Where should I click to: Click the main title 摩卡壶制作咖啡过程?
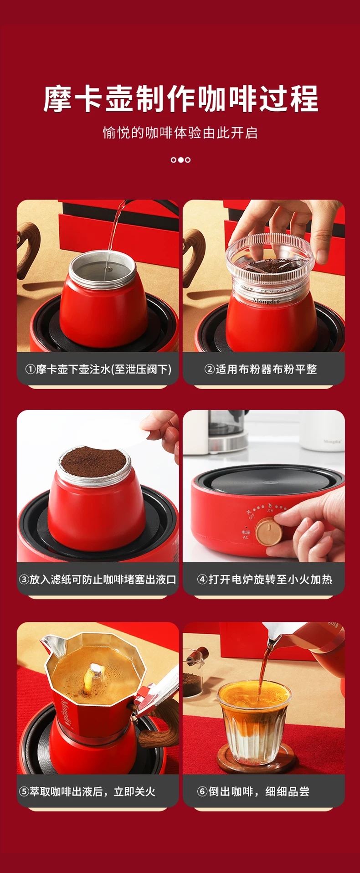coord(180,98)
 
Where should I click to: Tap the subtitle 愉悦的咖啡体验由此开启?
coord(180,133)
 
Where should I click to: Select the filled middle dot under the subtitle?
coord(180,160)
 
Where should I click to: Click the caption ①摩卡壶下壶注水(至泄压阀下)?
coord(98,369)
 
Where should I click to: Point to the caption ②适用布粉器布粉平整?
coord(261,369)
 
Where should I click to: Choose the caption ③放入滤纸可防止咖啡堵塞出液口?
coord(98,580)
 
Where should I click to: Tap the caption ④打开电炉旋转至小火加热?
coord(264,580)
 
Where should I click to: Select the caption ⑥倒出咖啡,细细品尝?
coord(253,791)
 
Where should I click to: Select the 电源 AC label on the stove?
coord(246,535)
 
